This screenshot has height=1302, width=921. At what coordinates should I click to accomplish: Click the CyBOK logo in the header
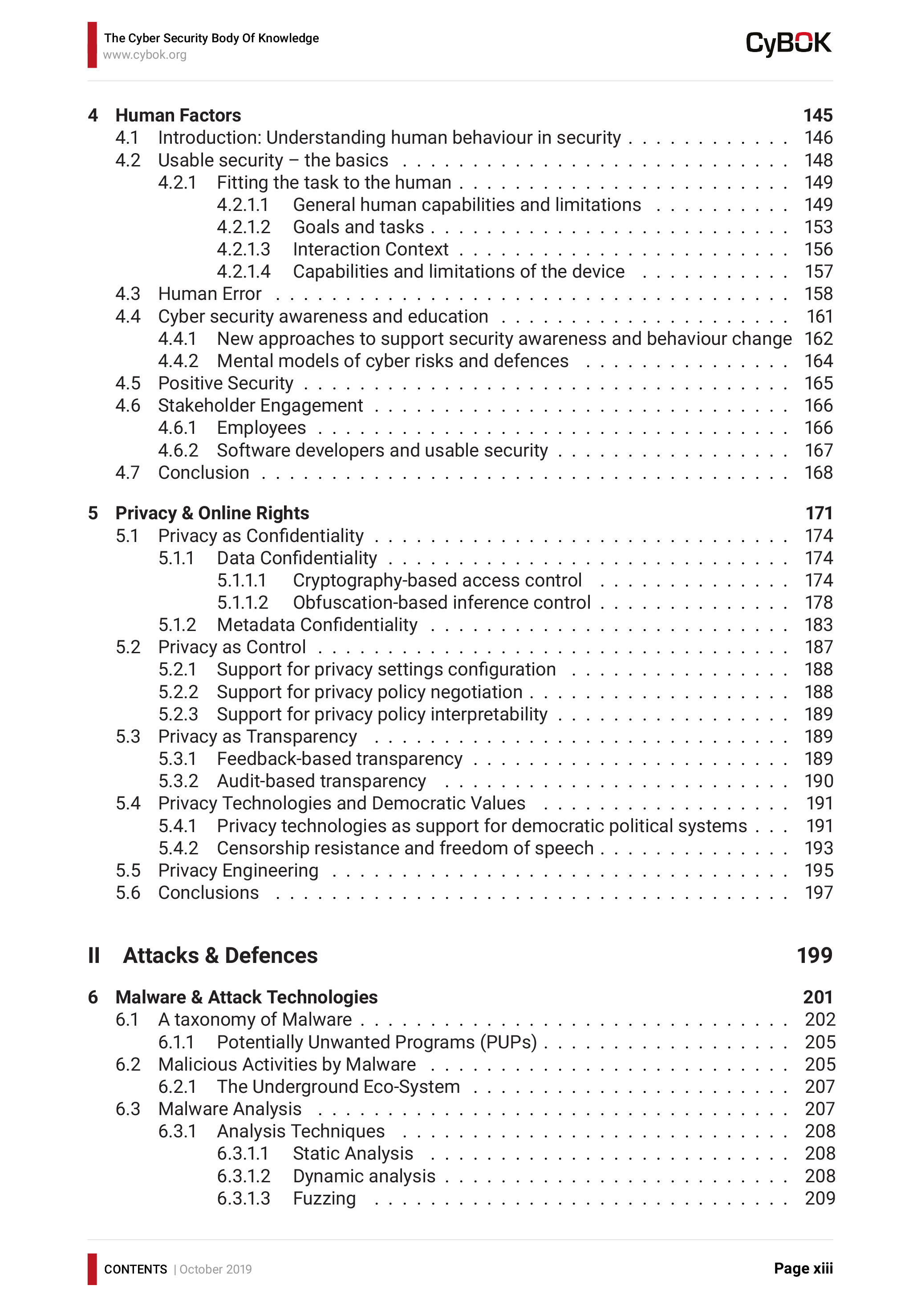tap(788, 44)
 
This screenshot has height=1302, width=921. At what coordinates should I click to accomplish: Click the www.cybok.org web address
tap(145, 55)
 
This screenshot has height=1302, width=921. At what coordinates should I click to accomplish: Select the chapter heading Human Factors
tap(178, 115)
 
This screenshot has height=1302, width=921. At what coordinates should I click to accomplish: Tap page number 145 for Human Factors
tap(818, 115)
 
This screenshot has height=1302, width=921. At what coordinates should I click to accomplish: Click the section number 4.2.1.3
tap(243, 250)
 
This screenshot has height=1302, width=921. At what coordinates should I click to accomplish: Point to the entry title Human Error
tap(209, 294)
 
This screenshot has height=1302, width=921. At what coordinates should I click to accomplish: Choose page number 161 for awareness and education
tap(820, 316)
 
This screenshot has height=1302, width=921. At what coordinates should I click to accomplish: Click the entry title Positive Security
tap(225, 383)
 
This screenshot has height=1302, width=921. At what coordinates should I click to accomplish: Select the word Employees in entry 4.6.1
tap(261, 428)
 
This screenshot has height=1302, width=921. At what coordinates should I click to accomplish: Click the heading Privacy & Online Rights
tap(212, 513)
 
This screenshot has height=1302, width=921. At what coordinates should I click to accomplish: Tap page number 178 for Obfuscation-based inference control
tap(818, 602)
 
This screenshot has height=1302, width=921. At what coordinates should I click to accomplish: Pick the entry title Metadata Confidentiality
tap(317, 625)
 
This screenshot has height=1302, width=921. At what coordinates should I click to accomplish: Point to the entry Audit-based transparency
tap(321, 781)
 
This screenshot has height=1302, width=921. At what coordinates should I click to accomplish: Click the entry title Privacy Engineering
tap(238, 870)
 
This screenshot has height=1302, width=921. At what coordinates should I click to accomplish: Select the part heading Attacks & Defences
tap(220, 955)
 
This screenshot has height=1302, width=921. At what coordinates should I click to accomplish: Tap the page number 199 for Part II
tap(814, 955)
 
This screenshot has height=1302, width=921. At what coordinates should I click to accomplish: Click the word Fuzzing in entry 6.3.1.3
tap(325, 1198)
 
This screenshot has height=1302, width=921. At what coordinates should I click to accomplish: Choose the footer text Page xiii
tap(803, 1269)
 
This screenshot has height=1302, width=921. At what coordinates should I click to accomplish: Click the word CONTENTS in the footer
tap(135, 1269)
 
